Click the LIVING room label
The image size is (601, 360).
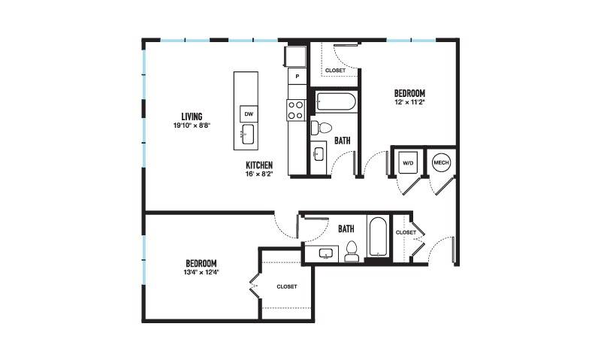(x=192, y=116)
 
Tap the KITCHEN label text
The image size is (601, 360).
(x=259, y=165)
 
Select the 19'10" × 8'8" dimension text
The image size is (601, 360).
(x=192, y=125)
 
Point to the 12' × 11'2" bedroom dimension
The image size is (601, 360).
(x=409, y=102)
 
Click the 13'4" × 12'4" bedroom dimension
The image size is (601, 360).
(x=201, y=272)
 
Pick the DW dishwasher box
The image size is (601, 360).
(x=249, y=114)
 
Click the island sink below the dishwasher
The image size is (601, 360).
(x=248, y=135)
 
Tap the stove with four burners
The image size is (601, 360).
(x=295, y=110)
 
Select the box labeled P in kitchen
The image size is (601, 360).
(x=297, y=77)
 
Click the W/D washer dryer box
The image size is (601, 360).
(x=408, y=163)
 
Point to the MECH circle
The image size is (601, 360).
(x=441, y=162)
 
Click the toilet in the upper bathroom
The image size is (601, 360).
(x=321, y=128)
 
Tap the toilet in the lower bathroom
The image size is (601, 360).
(x=352, y=252)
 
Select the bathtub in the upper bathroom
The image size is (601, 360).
(x=336, y=102)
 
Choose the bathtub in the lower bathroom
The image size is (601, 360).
(x=379, y=237)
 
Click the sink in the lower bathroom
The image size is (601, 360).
(x=327, y=254)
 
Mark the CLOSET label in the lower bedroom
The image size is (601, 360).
(x=287, y=286)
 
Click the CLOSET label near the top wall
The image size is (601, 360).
(x=335, y=70)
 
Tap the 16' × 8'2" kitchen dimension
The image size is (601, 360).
(x=259, y=174)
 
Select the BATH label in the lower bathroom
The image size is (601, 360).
(x=346, y=229)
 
